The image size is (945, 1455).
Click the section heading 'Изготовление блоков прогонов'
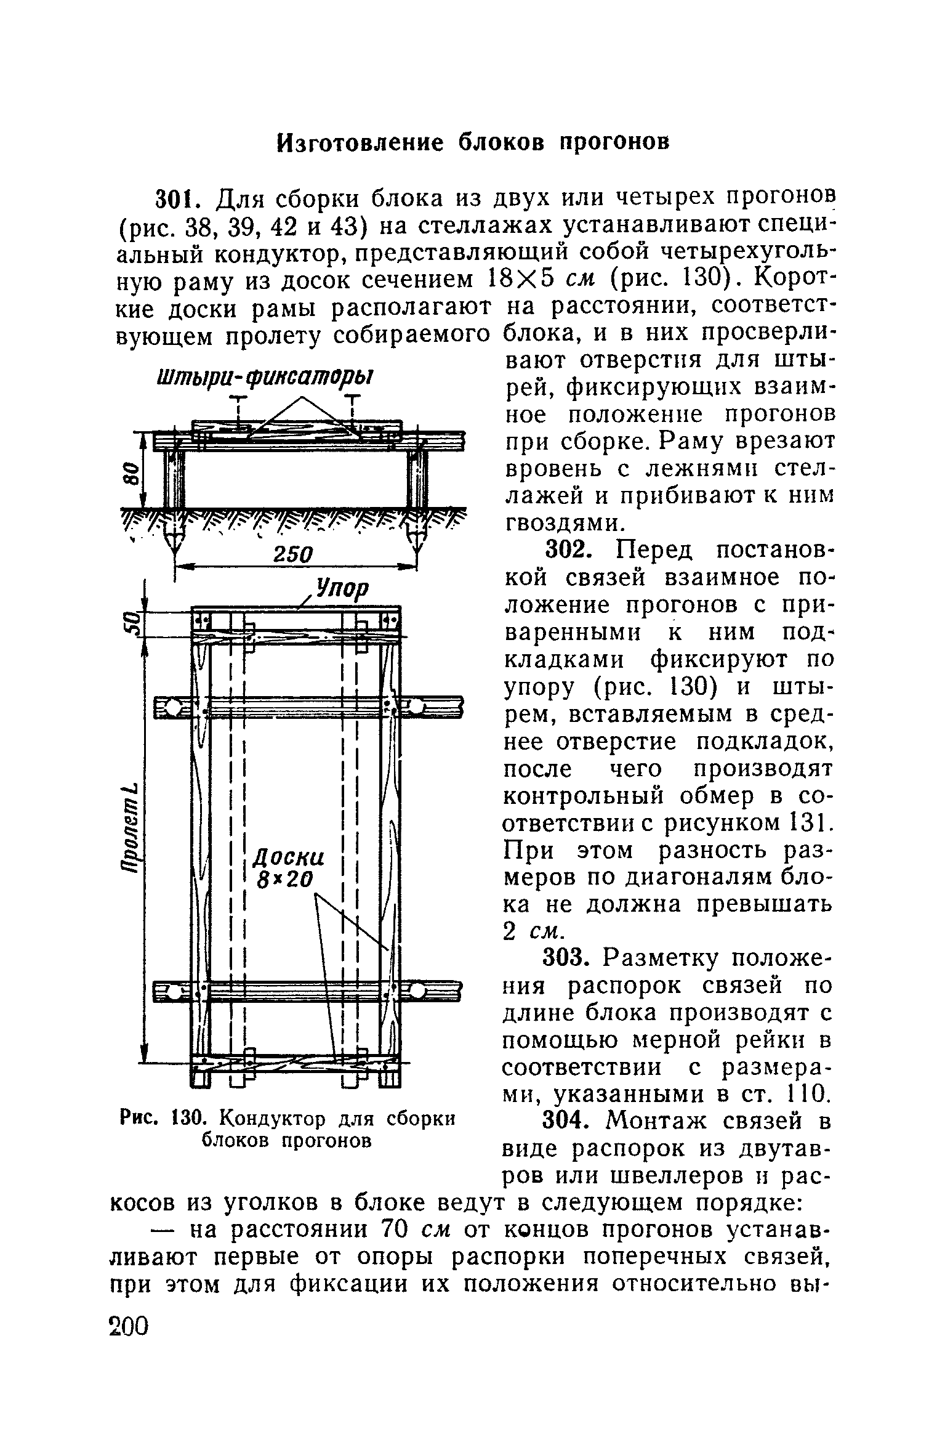(472, 142)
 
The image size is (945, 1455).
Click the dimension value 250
(293, 554)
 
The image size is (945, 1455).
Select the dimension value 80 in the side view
(131, 474)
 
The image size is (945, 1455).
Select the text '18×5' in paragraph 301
(521, 280)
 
